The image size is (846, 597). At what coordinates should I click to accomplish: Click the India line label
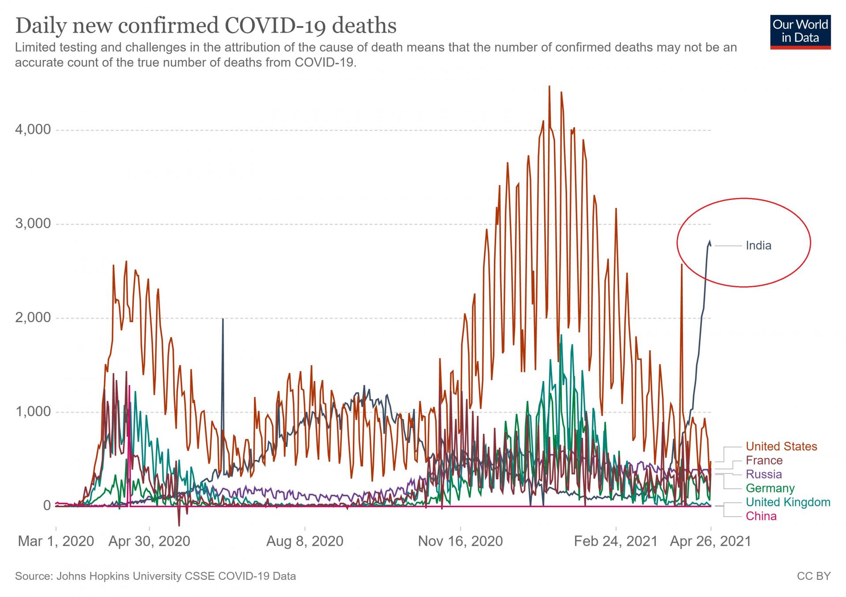[x=758, y=245]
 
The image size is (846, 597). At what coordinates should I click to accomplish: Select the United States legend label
[x=781, y=446]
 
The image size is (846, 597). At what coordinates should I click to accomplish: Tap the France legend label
[x=764, y=460]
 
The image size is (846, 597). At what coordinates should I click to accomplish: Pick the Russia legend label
[x=764, y=474]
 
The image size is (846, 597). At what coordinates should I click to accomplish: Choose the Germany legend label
[x=770, y=488]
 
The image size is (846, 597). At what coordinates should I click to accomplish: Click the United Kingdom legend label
[x=788, y=502]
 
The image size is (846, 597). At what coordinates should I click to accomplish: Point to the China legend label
[x=761, y=516]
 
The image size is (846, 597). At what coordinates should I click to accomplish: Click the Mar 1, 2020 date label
[x=56, y=541]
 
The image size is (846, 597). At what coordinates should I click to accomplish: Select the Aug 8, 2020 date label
[x=305, y=541]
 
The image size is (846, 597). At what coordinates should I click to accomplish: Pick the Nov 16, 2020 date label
[x=460, y=541]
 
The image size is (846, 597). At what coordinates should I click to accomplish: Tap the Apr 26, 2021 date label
[x=710, y=541]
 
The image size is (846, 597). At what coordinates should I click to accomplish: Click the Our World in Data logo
[x=800, y=31]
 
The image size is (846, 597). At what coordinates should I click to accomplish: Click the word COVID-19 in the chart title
[x=275, y=25]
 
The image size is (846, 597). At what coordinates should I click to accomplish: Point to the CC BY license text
[x=813, y=576]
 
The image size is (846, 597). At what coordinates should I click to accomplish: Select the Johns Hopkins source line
[x=156, y=576]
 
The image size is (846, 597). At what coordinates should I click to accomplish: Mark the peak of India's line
[x=710, y=241]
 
